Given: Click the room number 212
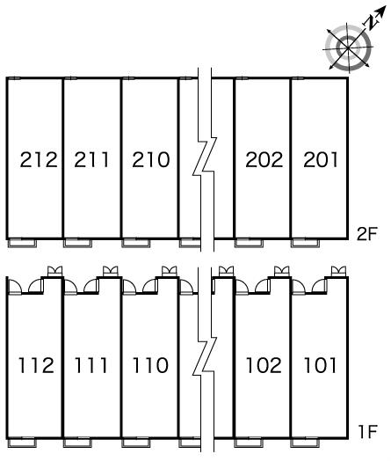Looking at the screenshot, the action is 39,159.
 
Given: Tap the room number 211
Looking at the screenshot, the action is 91,159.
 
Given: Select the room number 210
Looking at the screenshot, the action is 151,159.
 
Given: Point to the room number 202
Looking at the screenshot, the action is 264,159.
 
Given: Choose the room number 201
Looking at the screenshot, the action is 320,159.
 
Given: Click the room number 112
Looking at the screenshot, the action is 36,365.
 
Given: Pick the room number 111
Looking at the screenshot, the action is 91,365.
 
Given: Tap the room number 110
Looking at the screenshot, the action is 150,365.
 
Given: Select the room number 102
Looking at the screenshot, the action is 264,365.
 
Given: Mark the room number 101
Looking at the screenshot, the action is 320,365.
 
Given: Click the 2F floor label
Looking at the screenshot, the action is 366,234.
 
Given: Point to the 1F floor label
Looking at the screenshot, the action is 367,432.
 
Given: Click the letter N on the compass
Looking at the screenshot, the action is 372,23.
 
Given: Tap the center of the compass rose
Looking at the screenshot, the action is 348,48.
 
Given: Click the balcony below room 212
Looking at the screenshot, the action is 22,243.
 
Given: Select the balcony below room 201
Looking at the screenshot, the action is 305,243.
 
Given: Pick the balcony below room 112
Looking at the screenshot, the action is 22,443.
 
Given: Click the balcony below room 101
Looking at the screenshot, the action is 305,443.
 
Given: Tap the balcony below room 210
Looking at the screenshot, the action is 136,243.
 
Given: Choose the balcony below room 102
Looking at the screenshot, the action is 249,443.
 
